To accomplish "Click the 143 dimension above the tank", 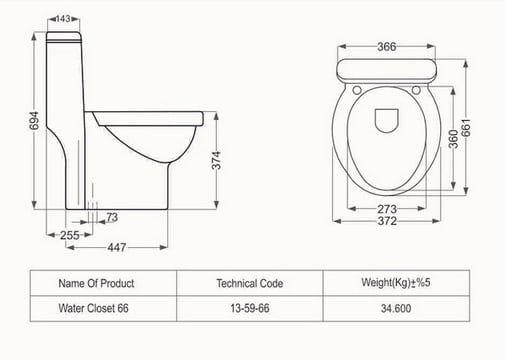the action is click(x=63, y=19).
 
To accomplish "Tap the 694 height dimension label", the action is click(x=34, y=120).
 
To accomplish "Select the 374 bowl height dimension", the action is click(x=216, y=160).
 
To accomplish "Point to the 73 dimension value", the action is click(x=112, y=217).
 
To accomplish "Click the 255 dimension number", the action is click(x=70, y=235).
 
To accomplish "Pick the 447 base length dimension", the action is click(x=117, y=247).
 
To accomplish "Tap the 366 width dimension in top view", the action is click(x=387, y=47).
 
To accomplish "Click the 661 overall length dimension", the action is click(x=466, y=127).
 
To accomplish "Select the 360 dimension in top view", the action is click(x=453, y=139).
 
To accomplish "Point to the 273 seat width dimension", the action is click(x=387, y=209).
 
